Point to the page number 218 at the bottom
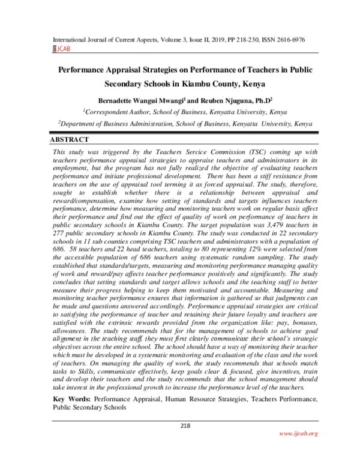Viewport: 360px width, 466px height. pos(185,426)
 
